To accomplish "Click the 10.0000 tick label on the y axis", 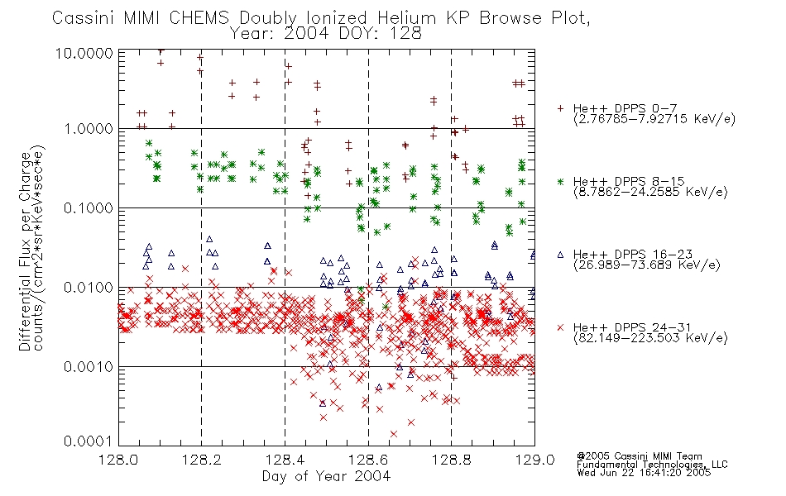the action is click(x=84, y=53).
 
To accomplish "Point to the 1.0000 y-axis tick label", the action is click(x=89, y=129).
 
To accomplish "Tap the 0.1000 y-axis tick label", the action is click(x=89, y=208).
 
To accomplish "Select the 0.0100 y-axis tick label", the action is click(x=89, y=288).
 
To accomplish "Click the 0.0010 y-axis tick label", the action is click(x=89, y=367).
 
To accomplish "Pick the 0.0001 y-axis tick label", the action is click(x=89, y=441).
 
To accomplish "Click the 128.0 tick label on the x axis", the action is click(x=118, y=460).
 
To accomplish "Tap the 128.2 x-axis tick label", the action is click(x=202, y=460).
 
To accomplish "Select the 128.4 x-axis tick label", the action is click(x=285, y=460).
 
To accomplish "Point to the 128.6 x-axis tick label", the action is click(x=368, y=460).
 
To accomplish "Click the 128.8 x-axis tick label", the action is click(x=451, y=460).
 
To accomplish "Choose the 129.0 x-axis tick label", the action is click(x=534, y=460).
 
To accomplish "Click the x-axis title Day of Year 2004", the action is click(x=326, y=476).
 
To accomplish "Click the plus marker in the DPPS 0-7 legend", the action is click(x=560, y=108).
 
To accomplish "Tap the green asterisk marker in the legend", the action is click(x=560, y=181).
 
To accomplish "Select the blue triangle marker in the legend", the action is click(x=560, y=255).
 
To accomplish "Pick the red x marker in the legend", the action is click(x=560, y=327).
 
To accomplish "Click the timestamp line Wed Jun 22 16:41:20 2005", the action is click(x=644, y=473).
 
